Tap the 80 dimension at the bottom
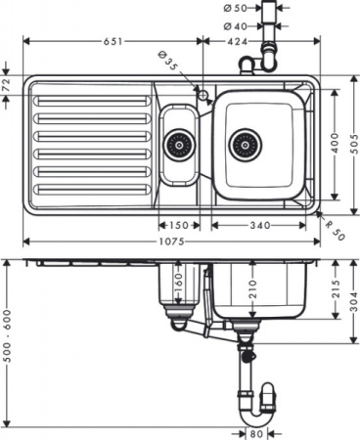coord(256,433)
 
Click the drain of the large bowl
coord(246,146)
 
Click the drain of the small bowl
coord(178,146)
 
